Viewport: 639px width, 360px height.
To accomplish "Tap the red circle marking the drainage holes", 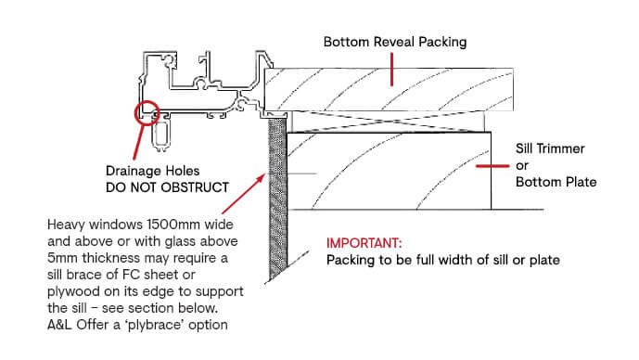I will (x=145, y=114).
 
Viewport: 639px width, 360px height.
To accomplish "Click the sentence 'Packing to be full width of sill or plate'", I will (x=442, y=260).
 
